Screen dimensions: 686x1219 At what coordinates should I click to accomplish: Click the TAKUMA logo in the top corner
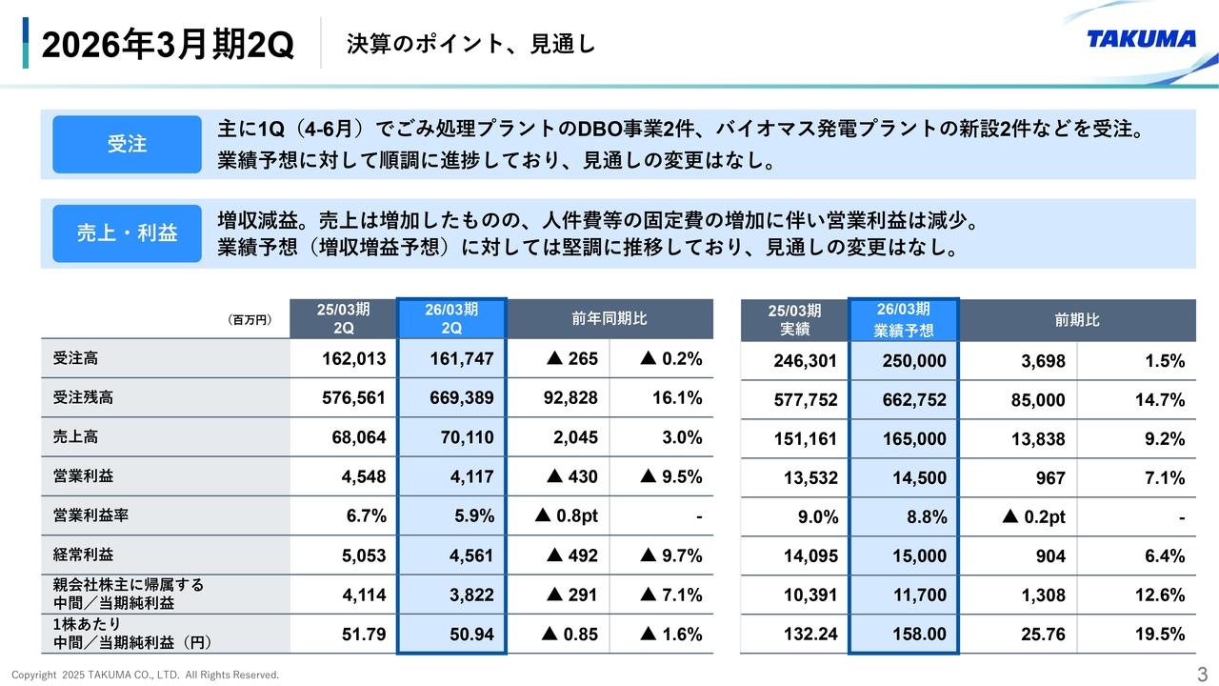click(1141, 39)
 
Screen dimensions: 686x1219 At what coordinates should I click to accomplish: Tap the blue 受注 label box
click(127, 144)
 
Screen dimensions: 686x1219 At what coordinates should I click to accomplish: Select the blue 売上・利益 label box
click(127, 233)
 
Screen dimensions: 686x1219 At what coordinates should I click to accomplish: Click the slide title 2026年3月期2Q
click(168, 45)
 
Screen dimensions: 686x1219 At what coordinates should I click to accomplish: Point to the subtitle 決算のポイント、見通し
click(470, 44)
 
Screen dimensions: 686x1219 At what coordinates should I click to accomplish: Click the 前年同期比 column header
click(609, 318)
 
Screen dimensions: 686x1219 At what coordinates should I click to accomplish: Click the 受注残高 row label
click(83, 398)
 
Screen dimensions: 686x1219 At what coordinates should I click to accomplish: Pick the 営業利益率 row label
click(90, 515)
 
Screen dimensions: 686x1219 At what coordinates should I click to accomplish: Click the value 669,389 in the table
click(451, 398)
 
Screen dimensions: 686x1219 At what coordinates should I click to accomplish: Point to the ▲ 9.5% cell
click(661, 476)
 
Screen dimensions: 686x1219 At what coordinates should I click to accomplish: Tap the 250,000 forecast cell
click(904, 361)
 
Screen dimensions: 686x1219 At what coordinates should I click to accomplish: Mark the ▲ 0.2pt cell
click(1033, 517)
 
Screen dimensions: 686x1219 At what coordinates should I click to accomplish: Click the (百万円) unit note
click(250, 320)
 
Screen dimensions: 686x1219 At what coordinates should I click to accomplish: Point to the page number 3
click(1201, 674)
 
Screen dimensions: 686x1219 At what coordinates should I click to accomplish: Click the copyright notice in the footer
click(145, 675)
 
